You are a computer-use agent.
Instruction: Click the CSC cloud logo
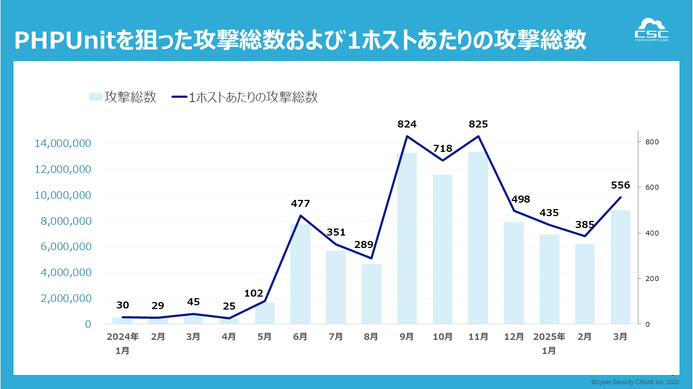coord(651,30)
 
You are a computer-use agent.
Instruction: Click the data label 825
coord(478,124)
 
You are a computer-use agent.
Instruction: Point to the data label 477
coord(300,204)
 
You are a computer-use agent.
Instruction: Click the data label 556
coord(621,185)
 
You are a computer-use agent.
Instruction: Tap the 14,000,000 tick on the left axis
coord(63,144)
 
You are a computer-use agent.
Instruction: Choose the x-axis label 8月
coord(371,337)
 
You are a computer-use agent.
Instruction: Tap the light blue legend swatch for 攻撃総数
coord(95,97)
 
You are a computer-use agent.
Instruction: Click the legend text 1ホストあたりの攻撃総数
coord(253,97)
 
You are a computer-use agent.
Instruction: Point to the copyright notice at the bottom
coord(635,382)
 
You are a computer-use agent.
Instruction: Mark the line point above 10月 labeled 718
coord(443,160)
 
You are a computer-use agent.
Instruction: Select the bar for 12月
coord(514,273)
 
